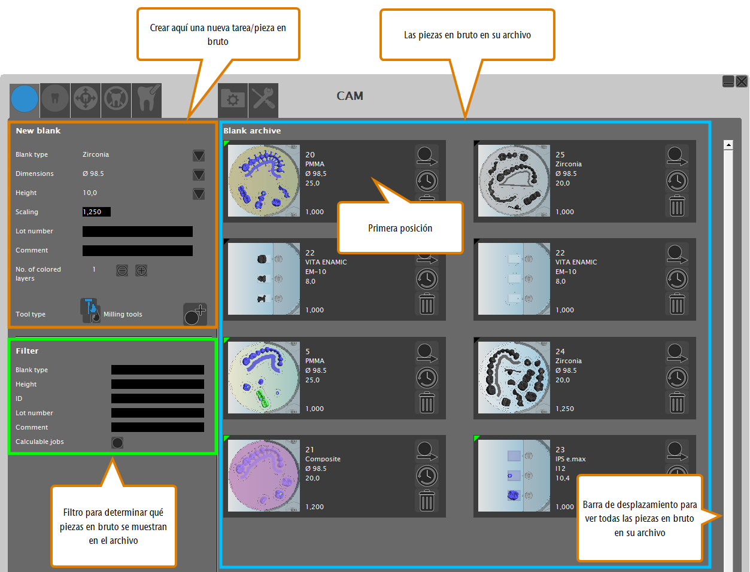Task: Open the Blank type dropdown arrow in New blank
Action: pos(199,156)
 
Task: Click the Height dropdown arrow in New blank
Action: pos(199,194)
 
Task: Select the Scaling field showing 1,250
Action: pos(96,212)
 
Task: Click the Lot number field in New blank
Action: pos(137,231)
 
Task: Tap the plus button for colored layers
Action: pos(141,271)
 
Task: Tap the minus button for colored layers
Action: pos(122,271)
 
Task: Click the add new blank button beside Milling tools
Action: pos(195,314)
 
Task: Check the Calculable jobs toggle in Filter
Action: pos(117,443)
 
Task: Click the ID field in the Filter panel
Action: pos(157,398)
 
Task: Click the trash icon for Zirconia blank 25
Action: pos(677,206)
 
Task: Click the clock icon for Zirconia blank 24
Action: pos(677,378)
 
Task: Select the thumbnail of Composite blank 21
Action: pos(264,476)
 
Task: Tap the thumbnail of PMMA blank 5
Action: pos(264,378)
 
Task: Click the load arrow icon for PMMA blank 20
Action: pos(427,156)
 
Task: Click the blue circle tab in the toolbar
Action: pos(25,99)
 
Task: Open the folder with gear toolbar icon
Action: pos(233,100)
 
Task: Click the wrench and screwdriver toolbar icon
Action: pos(263,100)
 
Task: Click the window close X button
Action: pos(742,81)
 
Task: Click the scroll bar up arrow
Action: pos(728,145)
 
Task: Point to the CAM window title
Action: pos(350,96)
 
